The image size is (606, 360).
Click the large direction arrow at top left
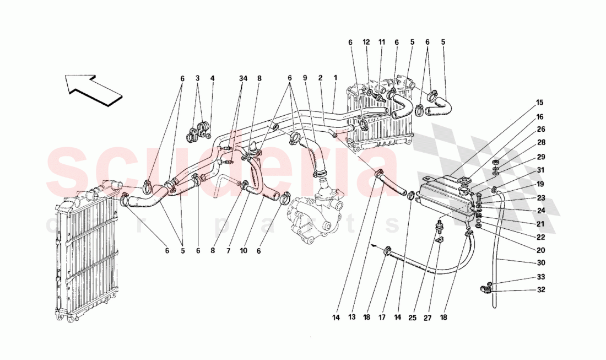(x=91, y=88)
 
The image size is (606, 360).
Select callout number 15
(x=539, y=102)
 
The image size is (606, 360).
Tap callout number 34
(x=243, y=78)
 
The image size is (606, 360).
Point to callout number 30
(x=541, y=262)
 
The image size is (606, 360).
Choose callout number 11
(x=381, y=42)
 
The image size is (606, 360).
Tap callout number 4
(x=212, y=78)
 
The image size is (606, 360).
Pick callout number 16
(x=539, y=117)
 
